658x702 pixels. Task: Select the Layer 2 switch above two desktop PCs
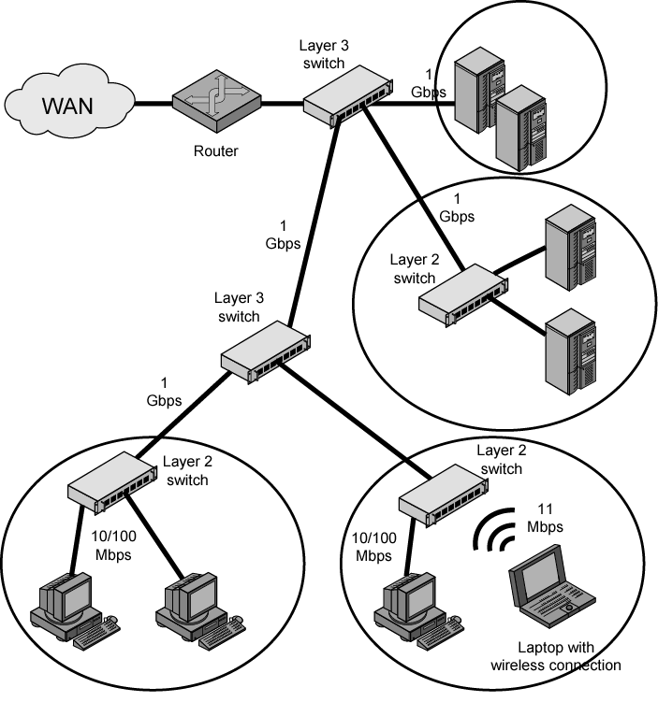tap(111, 485)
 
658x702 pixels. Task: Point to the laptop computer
tap(552, 590)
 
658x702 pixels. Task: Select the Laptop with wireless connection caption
tap(555, 657)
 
